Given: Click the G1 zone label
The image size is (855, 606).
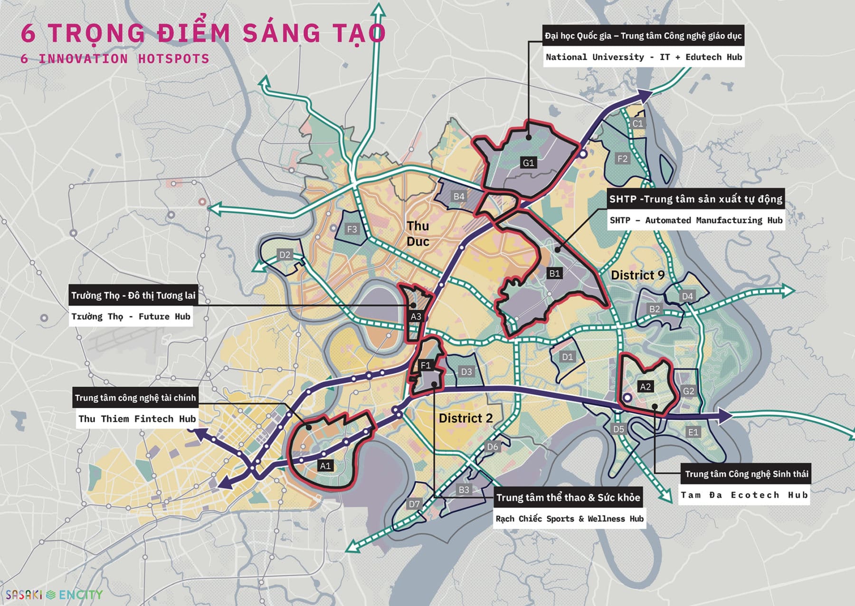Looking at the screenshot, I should [x=528, y=163].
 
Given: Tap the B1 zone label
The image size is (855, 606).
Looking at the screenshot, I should [x=554, y=274].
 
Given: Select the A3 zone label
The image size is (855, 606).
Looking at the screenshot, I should [x=416, y=316].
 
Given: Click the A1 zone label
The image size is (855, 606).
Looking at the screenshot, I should [x=325, y=466].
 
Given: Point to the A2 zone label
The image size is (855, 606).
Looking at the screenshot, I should [x=645, y=387].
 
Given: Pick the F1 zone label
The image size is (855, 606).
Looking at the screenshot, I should [x=426, y=365].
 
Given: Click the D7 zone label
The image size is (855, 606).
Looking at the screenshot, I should [x=414, y=504].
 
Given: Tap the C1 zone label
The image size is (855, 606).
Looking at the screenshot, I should [x=637, y=123].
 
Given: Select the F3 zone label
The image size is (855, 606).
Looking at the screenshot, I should [x=351, y=229].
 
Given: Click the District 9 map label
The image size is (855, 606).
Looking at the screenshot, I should [x=637, y=275].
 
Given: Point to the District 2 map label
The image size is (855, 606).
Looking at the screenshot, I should [x=465, y=418].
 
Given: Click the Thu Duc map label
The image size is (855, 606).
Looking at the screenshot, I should [x=418, y=234].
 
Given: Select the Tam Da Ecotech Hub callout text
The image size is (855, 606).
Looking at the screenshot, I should [x=744, y=495].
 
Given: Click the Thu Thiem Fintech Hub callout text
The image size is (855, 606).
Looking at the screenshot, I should [x=137, y=419].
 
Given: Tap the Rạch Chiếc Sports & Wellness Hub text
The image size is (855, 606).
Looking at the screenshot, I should [x=569, y=518].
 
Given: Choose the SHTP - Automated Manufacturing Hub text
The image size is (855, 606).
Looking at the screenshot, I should [x=695, y=220].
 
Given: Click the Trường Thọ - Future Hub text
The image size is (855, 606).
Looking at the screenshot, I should [x=131, y=316].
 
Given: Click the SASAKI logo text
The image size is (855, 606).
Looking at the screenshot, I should [x=24, y=595].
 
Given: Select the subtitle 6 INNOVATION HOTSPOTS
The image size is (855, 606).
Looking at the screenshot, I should [x=114, y=59].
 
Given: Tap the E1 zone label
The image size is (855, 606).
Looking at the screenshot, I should [x=693, y=432].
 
